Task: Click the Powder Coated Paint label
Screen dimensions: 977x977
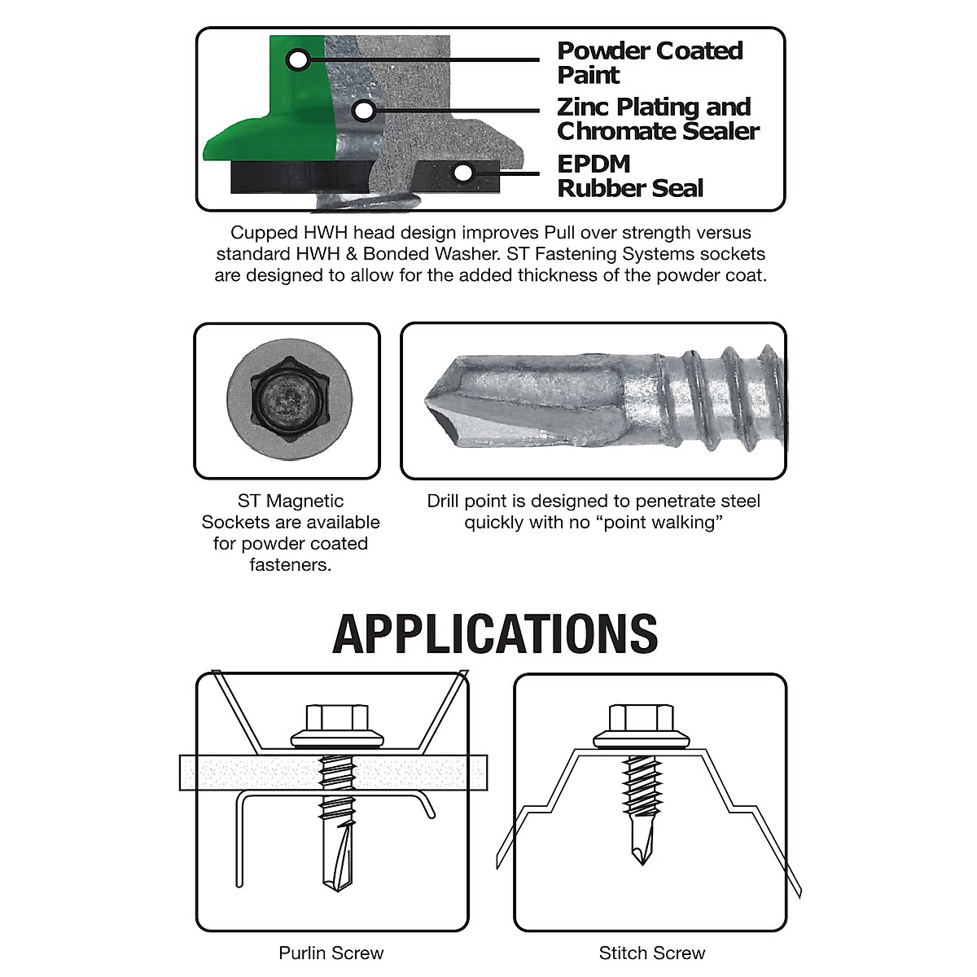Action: (649, 63)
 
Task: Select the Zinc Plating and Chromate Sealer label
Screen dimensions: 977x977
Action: (657, 119)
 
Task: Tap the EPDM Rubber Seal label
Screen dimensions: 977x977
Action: (629, 176)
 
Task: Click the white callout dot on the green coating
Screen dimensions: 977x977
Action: (298, 59)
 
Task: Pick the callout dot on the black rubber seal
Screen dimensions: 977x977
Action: (463, 173)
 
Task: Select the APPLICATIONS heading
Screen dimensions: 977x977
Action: (495, 634)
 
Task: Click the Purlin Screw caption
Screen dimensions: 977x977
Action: (331, 953)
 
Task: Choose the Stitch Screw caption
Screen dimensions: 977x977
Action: (651, 953)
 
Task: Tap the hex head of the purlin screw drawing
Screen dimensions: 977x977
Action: (336, 718)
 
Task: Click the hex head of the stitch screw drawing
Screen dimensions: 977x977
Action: (642, 717)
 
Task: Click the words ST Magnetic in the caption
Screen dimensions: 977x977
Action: (290, 501)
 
